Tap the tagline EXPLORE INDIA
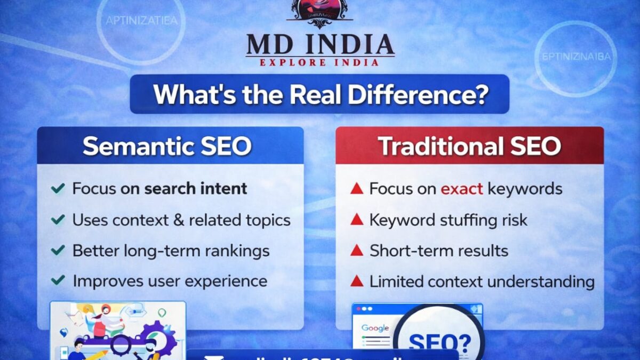[320, 62]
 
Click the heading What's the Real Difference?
[320, 94]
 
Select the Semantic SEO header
[167, 146]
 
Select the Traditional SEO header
[469, 146]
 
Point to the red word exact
[462, 188]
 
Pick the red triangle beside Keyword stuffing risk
[356, 220]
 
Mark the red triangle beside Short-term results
[356, 251]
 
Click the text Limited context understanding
[482, 281]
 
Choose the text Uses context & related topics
[181, 220]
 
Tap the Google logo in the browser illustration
[375, 328]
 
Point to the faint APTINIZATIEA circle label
[142, 21]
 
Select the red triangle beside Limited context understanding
[356, 281]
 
